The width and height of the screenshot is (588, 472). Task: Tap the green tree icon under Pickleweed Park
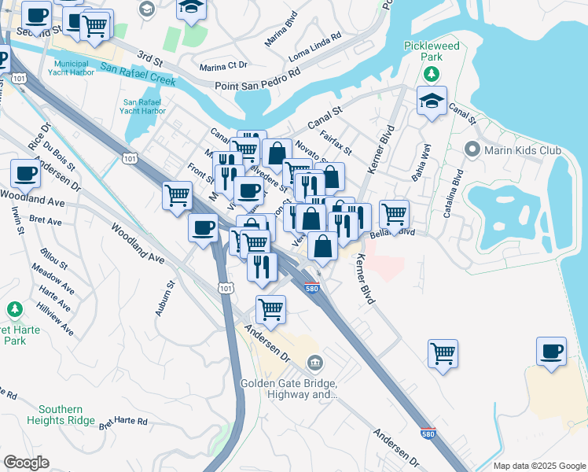point(431,74)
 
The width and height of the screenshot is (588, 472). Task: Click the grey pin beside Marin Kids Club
point(472,149)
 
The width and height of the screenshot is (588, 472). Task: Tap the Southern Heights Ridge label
point(61,415)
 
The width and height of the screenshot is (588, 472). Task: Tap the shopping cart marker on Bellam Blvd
point(394,212)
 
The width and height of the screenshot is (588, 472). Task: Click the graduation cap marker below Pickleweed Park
point(432,101)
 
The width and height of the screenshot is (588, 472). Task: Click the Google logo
point(27,463)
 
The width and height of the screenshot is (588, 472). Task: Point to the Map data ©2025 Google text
point(538,466)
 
